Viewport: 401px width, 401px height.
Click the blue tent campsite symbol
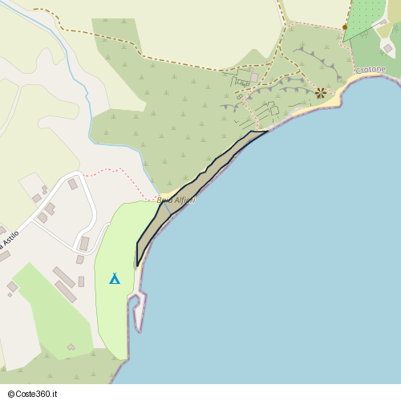pyautogui.click(x=115, y=278)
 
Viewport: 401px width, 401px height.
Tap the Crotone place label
pyautogui.click(x=371, y=71)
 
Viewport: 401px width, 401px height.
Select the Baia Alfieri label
pyautogui.click(x=176, y=200)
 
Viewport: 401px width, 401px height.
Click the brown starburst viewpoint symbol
pyautogui.click(x=321, y=93)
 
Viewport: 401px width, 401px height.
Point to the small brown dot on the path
pyautogui.click(x=345, y=27)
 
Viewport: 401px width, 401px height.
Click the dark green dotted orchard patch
pyautogui.click(x=365, y=16)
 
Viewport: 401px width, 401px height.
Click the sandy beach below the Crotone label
pyautogui.click(x=353, y=83)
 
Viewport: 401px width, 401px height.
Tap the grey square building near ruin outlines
pyautogui.click(x=255, y=78)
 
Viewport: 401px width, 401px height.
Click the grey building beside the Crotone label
pyautogui.click(x=388, y=48)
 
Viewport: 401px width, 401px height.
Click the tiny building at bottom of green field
pyautogui.click(x=71, y=347)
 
